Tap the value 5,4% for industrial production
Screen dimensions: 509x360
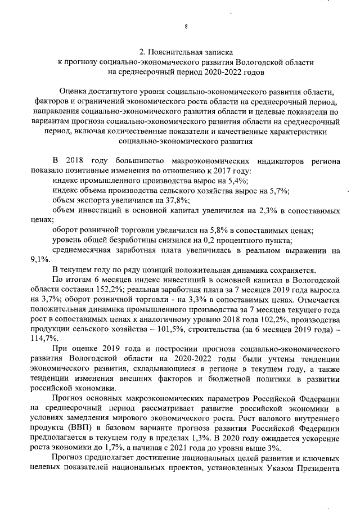237,181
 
